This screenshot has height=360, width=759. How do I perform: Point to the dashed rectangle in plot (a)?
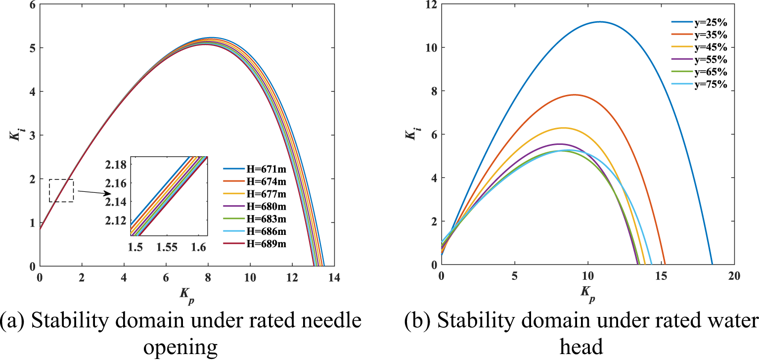point(61,190)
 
